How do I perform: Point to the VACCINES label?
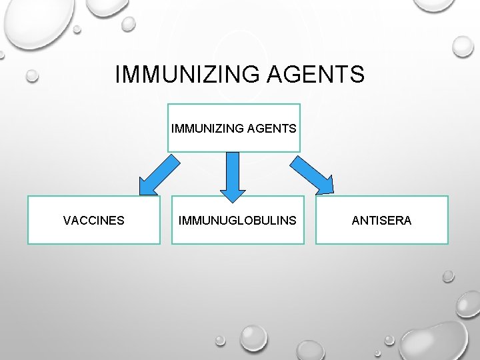93,220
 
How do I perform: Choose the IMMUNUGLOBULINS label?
237,220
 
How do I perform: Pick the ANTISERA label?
381,220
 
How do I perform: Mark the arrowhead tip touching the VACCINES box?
141,195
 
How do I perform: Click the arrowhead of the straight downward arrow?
232,193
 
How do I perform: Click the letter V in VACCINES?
67,220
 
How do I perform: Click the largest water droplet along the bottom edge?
254,337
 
